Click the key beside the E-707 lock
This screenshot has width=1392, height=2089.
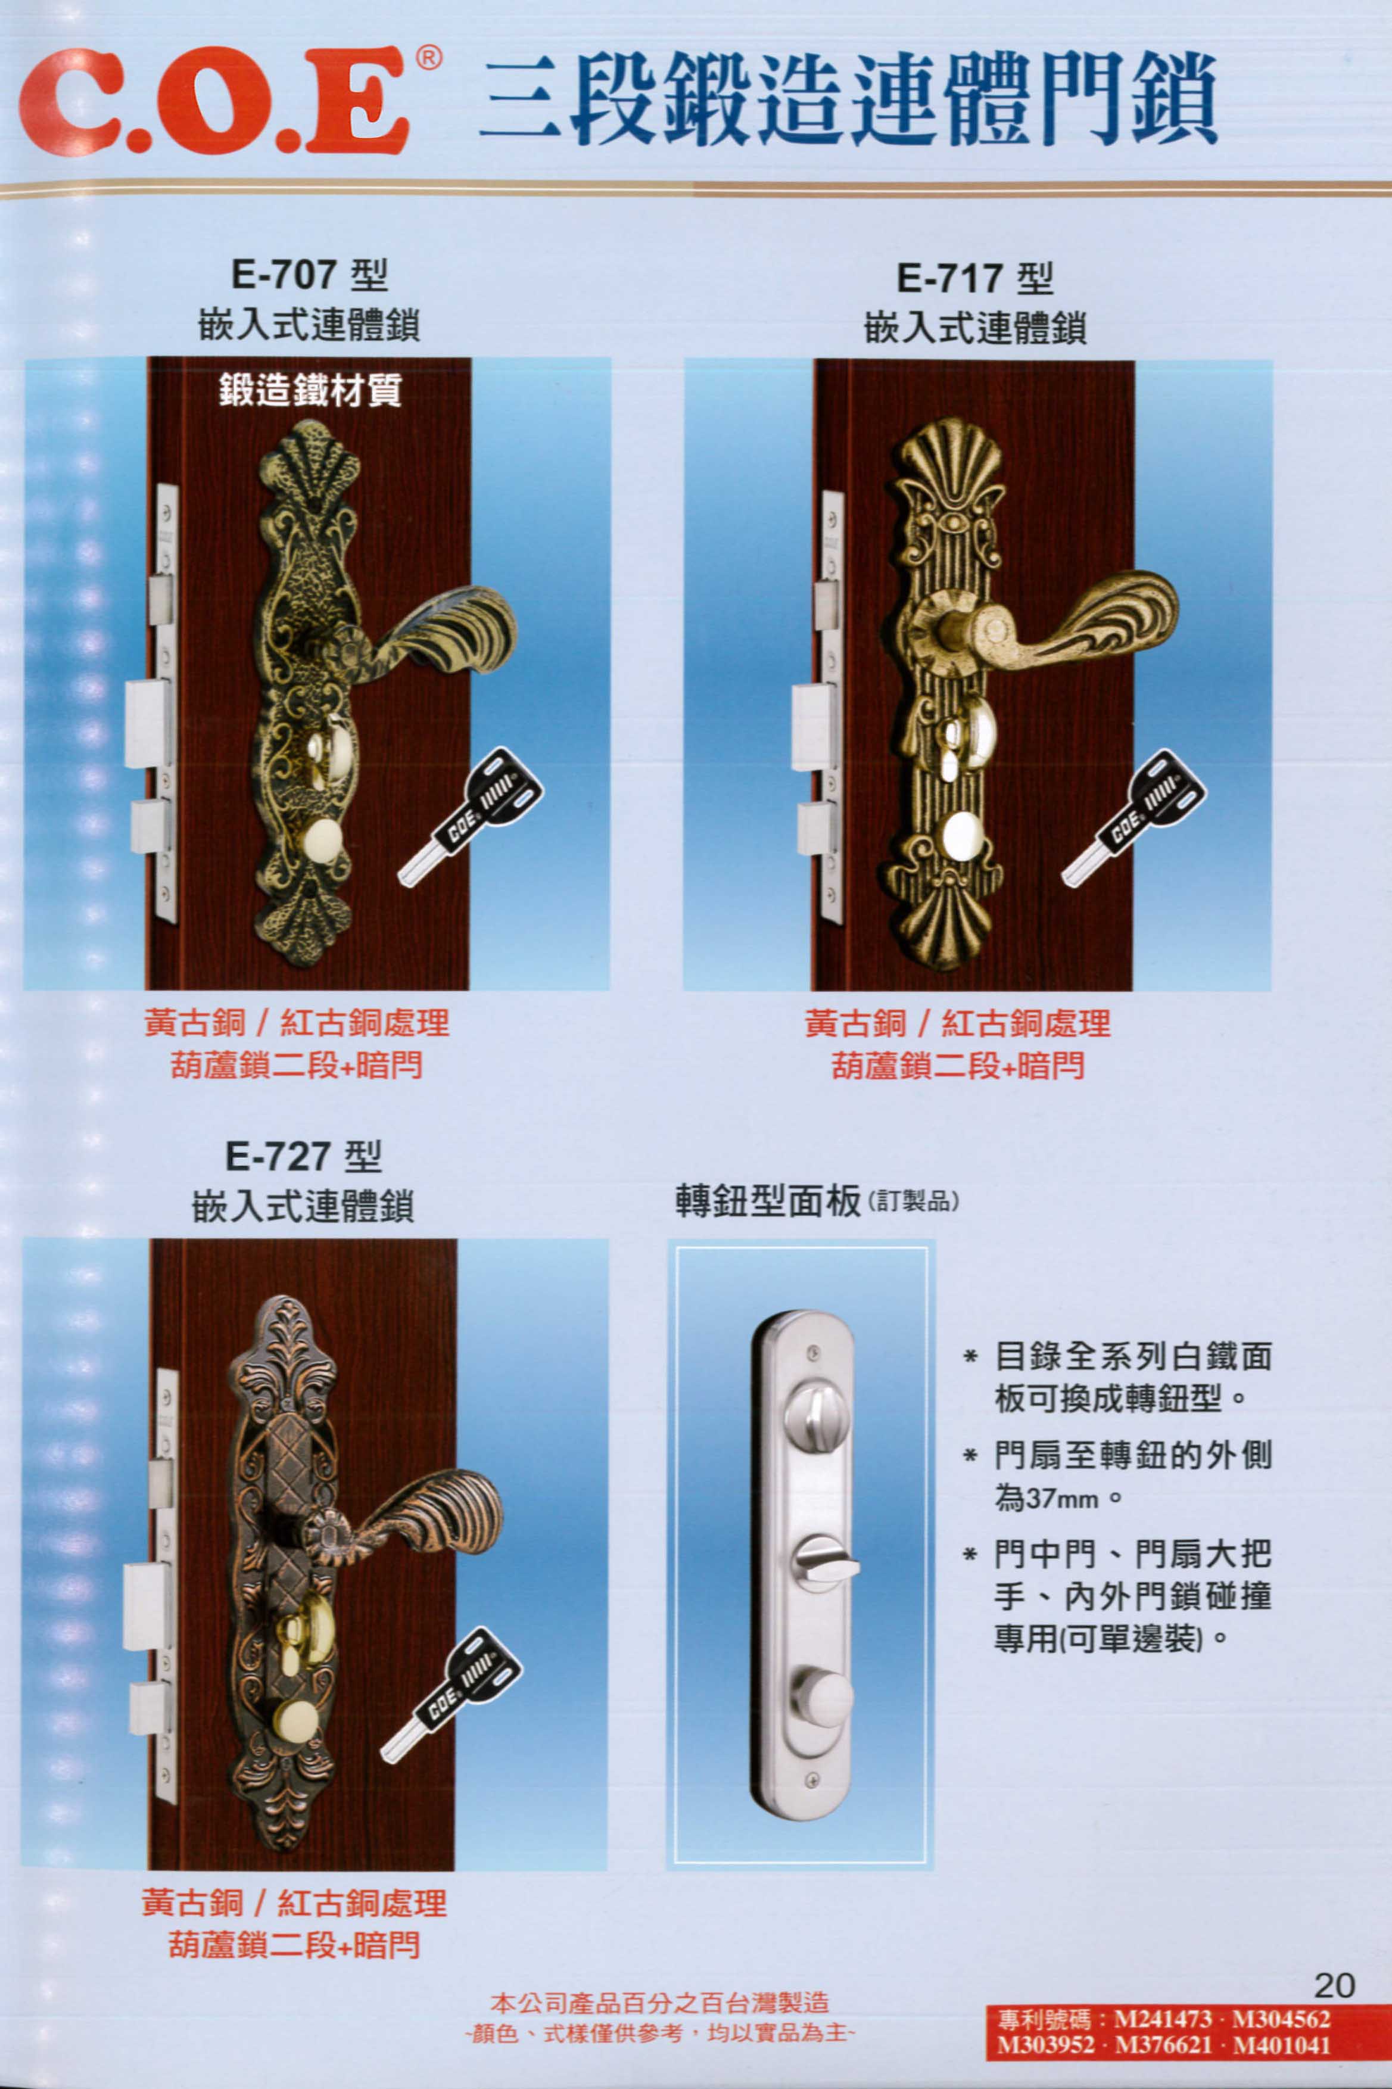pyautogui.click(x=471, y=815)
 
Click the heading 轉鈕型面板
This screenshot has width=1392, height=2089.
pyautogui.click(x=767, y=1201)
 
